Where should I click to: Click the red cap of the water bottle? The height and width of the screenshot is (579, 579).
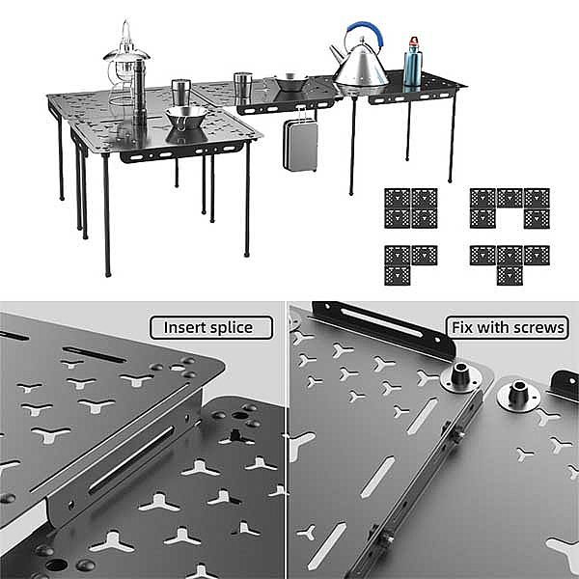(x=414, y=41)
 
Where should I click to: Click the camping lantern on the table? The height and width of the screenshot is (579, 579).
(x=124, y=63)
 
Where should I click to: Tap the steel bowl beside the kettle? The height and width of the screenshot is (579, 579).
(x=291, y=82)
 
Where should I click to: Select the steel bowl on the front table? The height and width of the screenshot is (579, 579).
(x=185, y=117)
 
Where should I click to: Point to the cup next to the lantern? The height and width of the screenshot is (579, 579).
(x=180, y=95)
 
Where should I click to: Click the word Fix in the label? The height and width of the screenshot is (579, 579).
(x=462, y=327)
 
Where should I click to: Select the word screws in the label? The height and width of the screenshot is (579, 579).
(x=538, y=328)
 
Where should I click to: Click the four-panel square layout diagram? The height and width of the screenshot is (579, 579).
(x=411, y=207)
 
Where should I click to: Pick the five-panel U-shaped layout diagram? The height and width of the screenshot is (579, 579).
(x=510, y=207)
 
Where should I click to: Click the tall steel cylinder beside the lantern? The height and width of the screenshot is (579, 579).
(x=139, y=92)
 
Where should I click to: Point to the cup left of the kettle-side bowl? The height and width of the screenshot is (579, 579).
(x=242, y=85)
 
